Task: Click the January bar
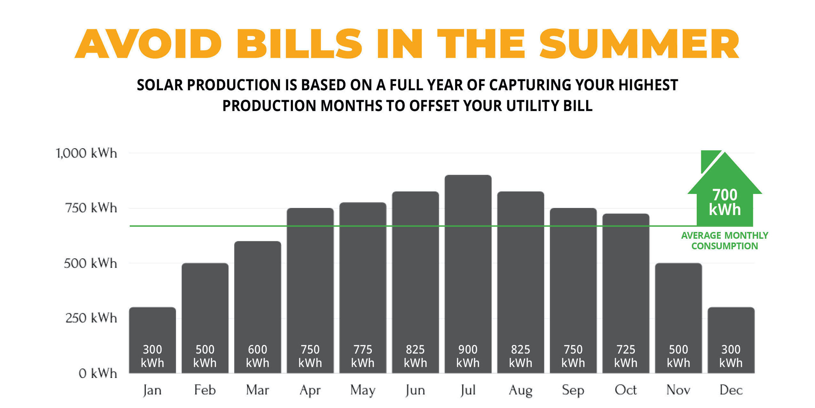click(152, 326)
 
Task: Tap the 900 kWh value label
click(468, 356)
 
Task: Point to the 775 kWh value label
click(363, 356)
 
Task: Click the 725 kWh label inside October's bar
click(626, 356)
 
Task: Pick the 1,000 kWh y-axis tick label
click(86, 153)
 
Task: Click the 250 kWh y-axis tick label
click(91, 318)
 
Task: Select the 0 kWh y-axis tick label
click(97, 373)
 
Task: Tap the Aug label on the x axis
click(521, 390)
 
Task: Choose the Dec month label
click(731, 390)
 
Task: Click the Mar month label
click(257, 390)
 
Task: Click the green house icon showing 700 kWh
click(724, 196)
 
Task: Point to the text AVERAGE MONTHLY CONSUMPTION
click(724, 241)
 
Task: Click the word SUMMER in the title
click(639, 44)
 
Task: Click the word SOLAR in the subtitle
click(160, 85)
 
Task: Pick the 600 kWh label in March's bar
click(257, 356)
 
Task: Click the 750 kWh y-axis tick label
click(91, 208)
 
